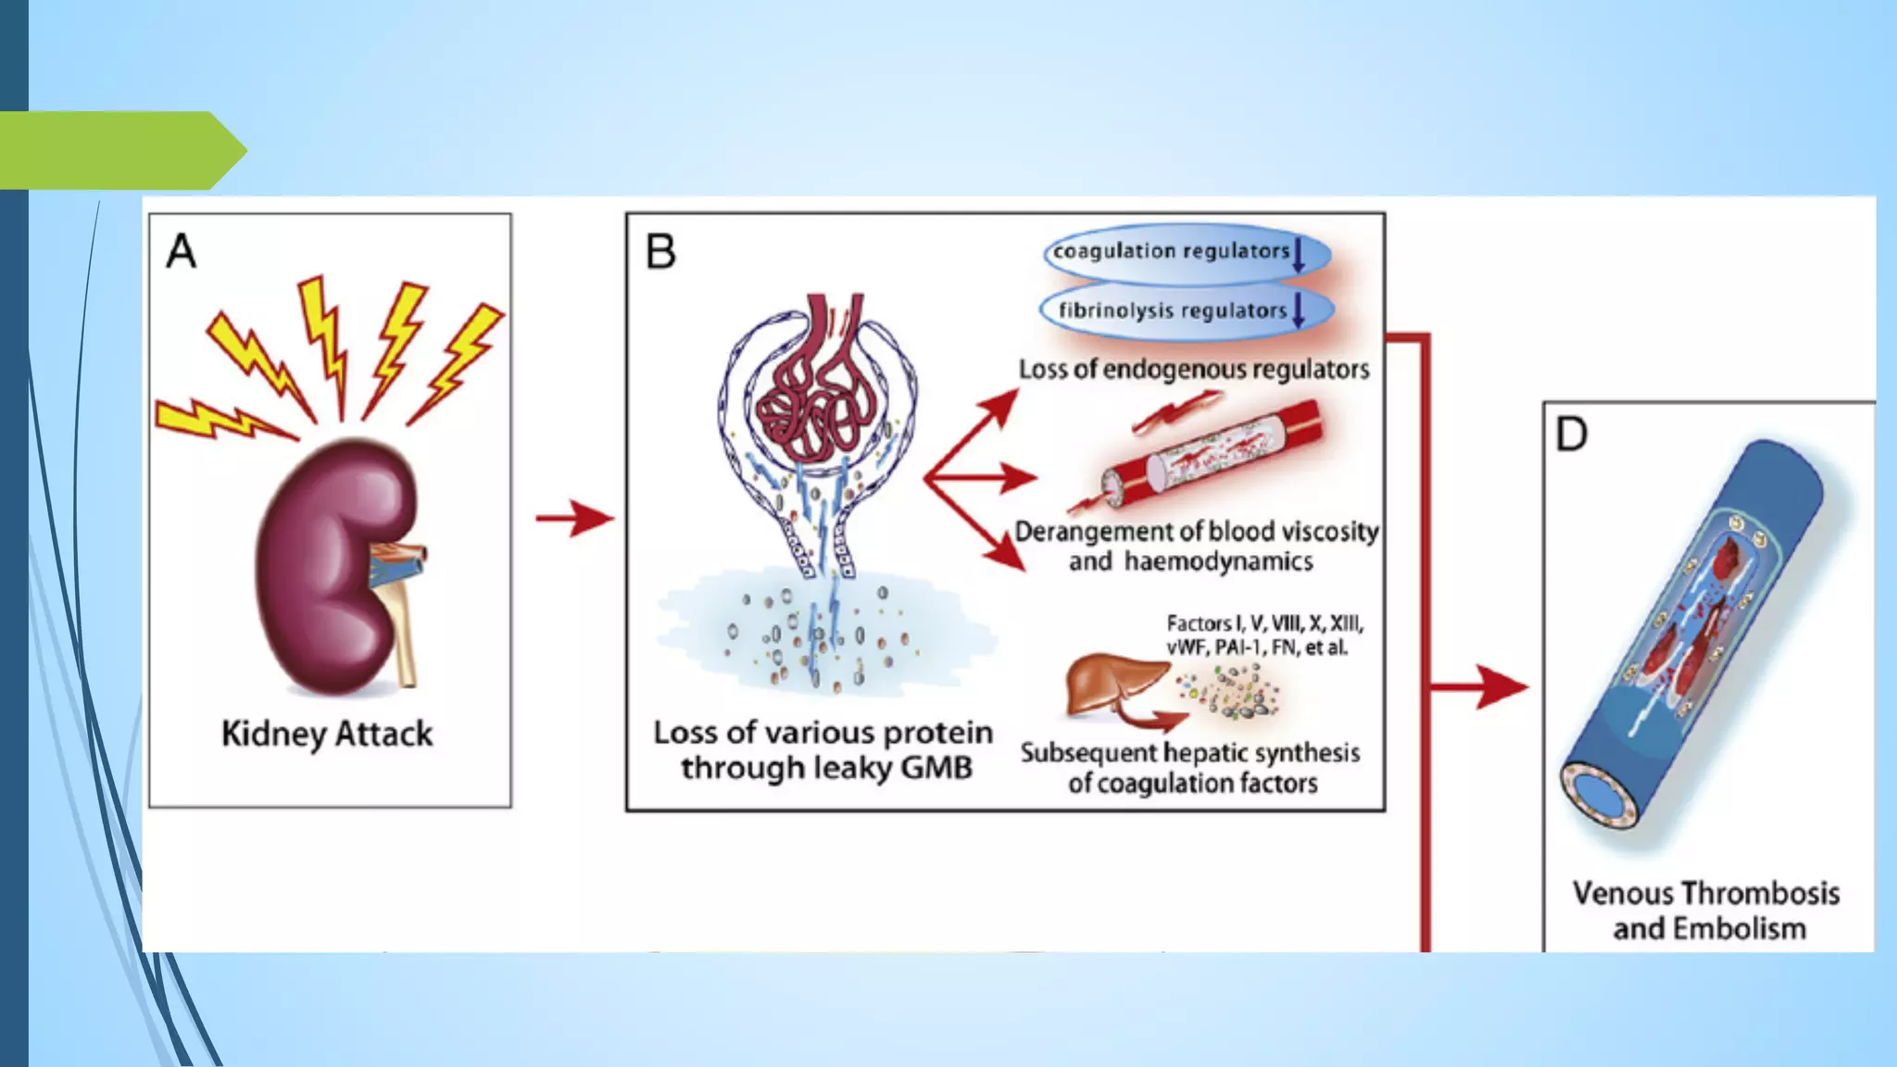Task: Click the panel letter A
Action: click(182, 251)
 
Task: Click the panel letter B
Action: click(660, 252)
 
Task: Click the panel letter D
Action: click(1571, 434)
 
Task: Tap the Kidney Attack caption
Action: click(327, 734)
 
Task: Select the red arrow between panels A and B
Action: click(574, 518)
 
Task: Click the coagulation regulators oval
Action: click(1186, 252)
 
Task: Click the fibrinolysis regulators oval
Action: click(1186, 310)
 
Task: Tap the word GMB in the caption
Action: click(936, 768)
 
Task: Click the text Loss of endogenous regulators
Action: click(1194, 370)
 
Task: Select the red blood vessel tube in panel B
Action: click(1213, 454)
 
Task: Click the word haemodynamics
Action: click(1218, 561)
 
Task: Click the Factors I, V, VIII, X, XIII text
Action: click(1264, 623)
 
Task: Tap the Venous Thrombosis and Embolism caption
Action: click(1707, 910)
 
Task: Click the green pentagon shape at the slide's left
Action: click(120, 150)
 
